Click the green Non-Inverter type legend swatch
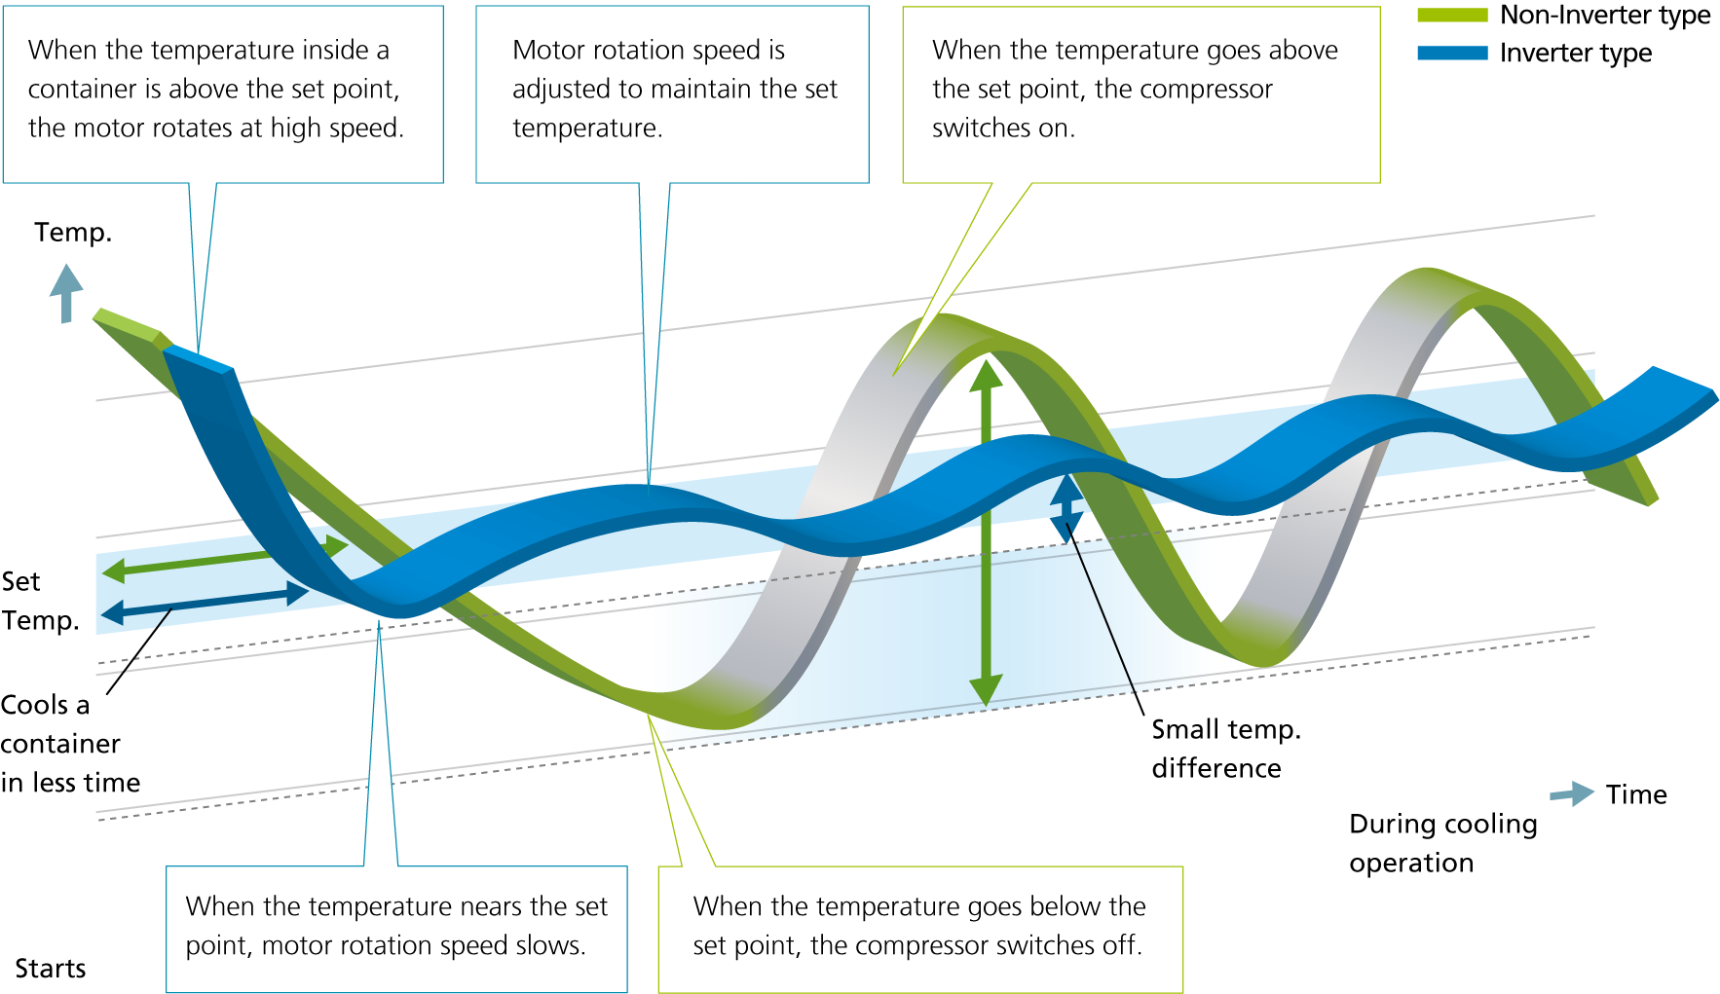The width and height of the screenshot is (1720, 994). (x=1452, y=15)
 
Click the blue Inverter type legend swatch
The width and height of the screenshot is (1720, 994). (x=1452, y=53)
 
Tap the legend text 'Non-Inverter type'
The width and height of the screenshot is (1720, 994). (x=1605, y=16)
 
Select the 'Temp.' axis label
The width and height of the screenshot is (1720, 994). (x=73, y=233)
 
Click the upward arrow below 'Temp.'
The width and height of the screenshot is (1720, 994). (x=66, y=293)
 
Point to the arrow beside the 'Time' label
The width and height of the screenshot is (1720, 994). (x=1571, y=793)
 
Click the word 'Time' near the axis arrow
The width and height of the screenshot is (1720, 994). (x=1636, y=794)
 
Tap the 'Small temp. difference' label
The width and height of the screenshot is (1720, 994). (x=1226, y=749)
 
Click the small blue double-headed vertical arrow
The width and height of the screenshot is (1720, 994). (x=1066, y=508)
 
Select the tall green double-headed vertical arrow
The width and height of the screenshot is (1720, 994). (x=986, y=533)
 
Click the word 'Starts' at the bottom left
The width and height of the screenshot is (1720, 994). (x=51, y=969)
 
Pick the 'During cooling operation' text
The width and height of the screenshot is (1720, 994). (x=1443, y=843)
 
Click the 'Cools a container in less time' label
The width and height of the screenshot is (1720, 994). (x=70, y=744)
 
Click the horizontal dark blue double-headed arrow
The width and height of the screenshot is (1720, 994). (x=206, y=603)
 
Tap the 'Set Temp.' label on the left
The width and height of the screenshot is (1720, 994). (x=40, y=601)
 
